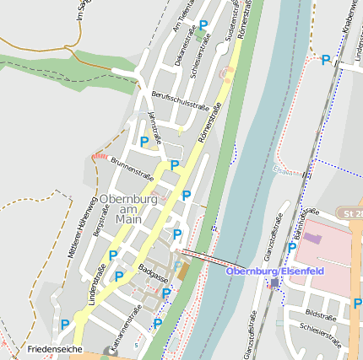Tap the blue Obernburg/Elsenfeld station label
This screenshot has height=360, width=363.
[276, 270]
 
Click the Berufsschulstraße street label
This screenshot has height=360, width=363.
[179, 103]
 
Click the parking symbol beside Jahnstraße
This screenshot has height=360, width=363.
[144, 142]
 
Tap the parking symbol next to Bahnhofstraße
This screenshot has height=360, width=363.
[292, 247]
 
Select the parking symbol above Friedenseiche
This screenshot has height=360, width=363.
[65, 324]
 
